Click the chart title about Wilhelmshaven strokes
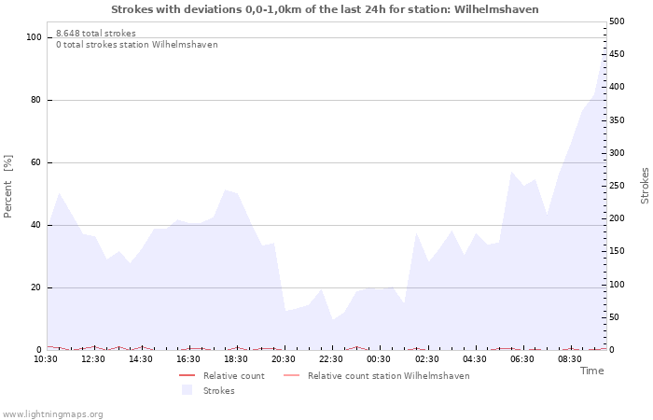click(325, 9)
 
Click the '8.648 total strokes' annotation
click(95, 34)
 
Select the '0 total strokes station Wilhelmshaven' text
click(136, 45)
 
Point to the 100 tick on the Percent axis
click(35, 37)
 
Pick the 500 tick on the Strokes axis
click(617, 21)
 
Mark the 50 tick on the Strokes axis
click(615, 317)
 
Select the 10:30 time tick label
click(46, 359)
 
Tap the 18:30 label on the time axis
click(236, 359)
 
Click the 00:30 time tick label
click(379, 359)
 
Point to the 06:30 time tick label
click(522, 359)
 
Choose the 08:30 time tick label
click(570, 359)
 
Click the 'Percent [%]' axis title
click(8, 187)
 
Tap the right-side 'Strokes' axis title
click(645, 185)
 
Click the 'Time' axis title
click(591, 371)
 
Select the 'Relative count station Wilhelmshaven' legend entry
click(388, 376)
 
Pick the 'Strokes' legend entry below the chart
click(218, 391)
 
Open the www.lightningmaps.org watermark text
click(52, 414)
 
